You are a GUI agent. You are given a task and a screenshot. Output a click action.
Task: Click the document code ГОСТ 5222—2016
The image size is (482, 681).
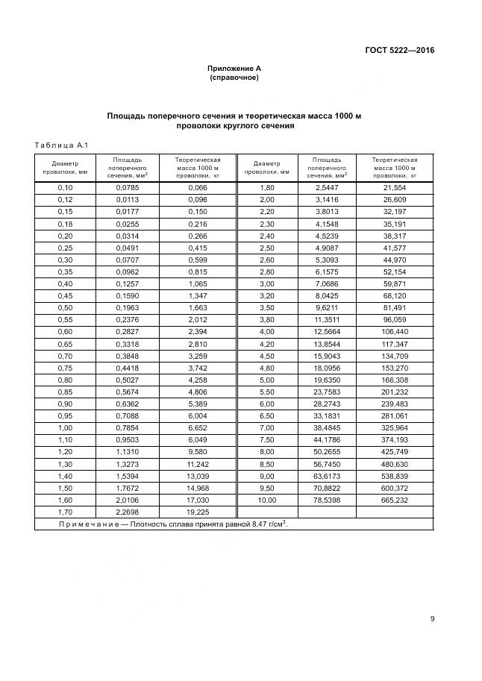pyautogui.click(x=399, y=51)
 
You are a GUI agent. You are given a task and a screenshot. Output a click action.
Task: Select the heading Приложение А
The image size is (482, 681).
pyautogui.click(x=234, y=68)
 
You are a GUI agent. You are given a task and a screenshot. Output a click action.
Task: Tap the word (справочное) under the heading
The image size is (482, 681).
pyautogui.click(x=234, y=77)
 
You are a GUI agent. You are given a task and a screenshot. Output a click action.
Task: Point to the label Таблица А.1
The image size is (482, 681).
pyautogui.click(x=62, y=145)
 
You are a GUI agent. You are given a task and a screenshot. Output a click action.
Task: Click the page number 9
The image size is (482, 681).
pyautogui.click(x=433, y=618)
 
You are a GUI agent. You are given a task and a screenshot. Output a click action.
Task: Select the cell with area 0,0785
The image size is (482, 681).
pyautogui.click(x=128, y=188)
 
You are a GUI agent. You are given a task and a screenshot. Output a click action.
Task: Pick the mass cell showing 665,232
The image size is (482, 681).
pyautogui.click(x=395, y=500)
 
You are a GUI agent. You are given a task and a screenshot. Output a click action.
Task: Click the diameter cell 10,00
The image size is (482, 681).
pyautogui.click(x=266, y=500)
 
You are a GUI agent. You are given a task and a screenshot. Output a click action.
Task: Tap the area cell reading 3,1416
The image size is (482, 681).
pyautogui.click(x=327, y=200)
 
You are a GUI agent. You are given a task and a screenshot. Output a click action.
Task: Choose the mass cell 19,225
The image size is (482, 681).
pyautogui.click(x=197, y=512)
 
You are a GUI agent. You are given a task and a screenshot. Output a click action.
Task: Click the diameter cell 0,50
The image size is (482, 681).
pyautogui.click(x=65, y=307)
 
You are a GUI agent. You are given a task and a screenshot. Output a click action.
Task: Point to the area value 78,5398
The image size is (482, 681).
pyautogui.click(x=327, y=500)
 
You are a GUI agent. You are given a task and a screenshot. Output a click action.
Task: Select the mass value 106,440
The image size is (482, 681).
pyautogui.click(x=395, y=330)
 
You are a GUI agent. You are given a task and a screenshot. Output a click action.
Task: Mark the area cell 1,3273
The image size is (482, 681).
pyautogui.click(x=128, y=464)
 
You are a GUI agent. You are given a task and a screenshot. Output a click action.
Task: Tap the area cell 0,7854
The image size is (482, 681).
pyautogui.click(x=128, y=428)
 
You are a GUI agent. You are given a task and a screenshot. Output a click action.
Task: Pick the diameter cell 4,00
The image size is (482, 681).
pyautogui.click(x=266, y=330)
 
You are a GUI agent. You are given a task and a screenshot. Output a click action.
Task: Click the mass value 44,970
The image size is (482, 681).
pyautogui.click(x=395, y=259)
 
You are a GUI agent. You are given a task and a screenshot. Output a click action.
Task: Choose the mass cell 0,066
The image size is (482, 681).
pyautogui.click(x=197, y=188)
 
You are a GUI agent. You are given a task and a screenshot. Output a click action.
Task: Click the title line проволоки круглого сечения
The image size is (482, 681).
pyautogui.click(x=234, y=126)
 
